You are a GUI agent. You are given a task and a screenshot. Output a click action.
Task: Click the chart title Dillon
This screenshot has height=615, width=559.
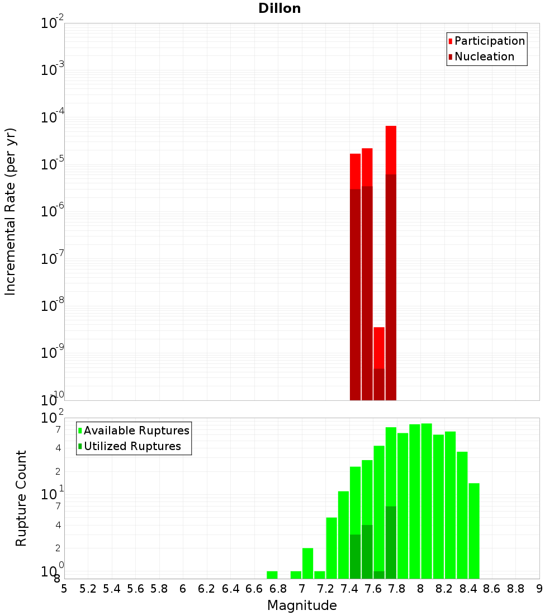tap(279, 8)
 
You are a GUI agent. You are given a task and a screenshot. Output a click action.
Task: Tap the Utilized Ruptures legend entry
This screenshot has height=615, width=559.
tap(132, 446)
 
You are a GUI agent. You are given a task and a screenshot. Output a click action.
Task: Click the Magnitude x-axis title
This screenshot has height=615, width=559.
tap(302, 605)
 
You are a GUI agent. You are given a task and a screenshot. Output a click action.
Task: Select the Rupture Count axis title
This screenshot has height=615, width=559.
tap(21, 498)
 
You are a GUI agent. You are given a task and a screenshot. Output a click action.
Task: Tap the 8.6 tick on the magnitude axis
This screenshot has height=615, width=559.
tap(492, 589)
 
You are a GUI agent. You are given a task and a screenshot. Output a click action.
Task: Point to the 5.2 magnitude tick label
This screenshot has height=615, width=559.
tap(88, 589)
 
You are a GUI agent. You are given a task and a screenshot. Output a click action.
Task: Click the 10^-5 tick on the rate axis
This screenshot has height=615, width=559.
tap(53, 164)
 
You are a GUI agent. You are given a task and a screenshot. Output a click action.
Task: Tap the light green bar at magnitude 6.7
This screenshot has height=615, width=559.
tap(272, 575)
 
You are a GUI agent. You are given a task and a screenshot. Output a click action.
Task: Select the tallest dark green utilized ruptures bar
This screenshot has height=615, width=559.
tap(391, 542)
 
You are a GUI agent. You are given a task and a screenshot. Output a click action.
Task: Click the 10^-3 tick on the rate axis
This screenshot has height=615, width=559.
tap(53, 70)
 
